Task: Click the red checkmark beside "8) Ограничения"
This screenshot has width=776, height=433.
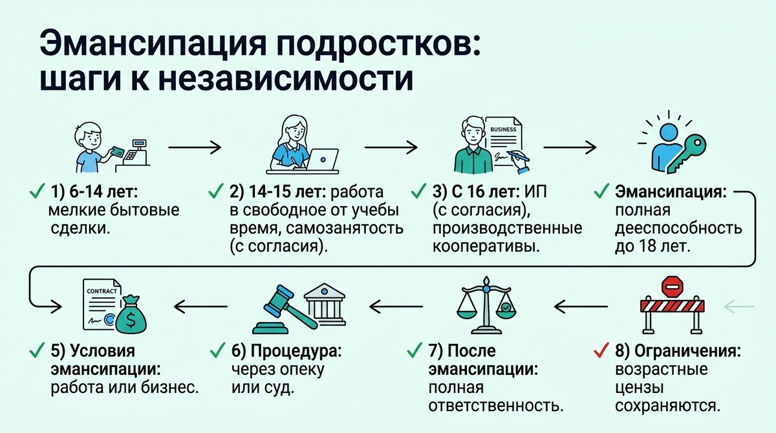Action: tap(601, 352)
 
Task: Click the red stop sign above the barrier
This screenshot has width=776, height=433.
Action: tap(673, 284)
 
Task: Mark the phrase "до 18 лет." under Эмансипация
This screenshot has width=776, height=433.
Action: tap(652, 247)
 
